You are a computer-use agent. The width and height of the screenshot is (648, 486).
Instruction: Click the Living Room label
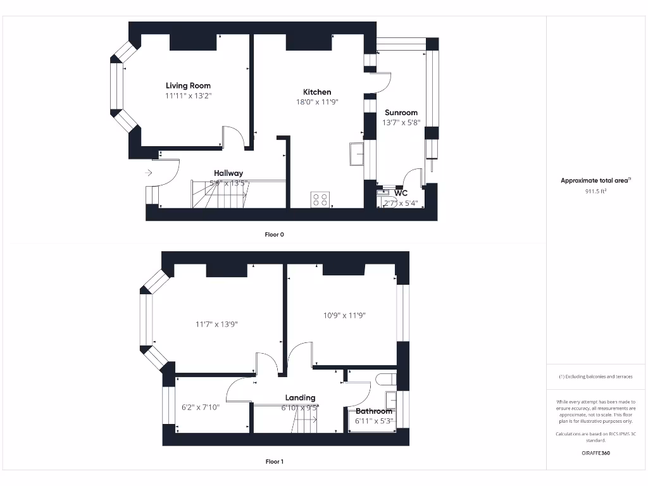pyautogui.click(x=188, y=85)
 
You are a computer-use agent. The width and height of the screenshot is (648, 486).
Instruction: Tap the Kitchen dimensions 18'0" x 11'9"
pyautogui.click(x=317, y=102)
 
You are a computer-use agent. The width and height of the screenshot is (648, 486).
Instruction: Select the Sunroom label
pyautogui.click(x=401, y=113)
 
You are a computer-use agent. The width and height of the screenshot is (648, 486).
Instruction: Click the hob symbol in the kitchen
pyautogui.click(x=320, y=200)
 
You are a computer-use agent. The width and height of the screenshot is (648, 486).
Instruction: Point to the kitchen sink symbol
pyautogui.click(x=356, y=154)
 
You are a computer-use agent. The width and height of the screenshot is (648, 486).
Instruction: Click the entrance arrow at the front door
pyautogui.click(x=149, y=172)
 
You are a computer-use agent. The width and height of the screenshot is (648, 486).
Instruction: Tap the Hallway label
pyautogui.click(x=228, y=173)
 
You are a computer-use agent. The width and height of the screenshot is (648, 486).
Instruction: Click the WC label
pyautogui.click(x=401, y=193)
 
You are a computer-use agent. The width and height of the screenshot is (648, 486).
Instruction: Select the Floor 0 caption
pyautogui.click(x=274, y=234)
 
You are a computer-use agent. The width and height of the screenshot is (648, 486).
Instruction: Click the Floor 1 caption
pyautogui.click(x=274, y=461)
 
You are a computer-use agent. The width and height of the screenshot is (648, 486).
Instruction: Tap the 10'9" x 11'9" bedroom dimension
pyautogui.click(x=344, y=315)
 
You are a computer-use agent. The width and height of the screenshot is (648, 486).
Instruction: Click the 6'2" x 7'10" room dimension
pyautogui.click(x=200, y=408)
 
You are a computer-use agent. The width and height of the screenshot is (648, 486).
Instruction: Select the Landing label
pyautogui.click(x=300, y=398)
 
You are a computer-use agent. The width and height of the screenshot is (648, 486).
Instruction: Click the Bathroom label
pyautogui.click(x=373, y=411)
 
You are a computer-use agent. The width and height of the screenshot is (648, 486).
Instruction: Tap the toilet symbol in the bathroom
pyautogui.click(x=385, y=379)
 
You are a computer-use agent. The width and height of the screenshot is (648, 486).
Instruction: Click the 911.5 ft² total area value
pyautogui.click(x=595, y=190)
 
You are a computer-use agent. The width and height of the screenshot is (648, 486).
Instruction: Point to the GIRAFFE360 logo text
pyautogui.click(x=595, y=453)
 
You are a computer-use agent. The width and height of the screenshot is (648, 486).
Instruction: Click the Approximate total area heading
pyautogui.click(x=595, y=180)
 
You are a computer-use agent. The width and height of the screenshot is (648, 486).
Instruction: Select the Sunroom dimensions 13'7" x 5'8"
pyautogui.click(x=401, y=123)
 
